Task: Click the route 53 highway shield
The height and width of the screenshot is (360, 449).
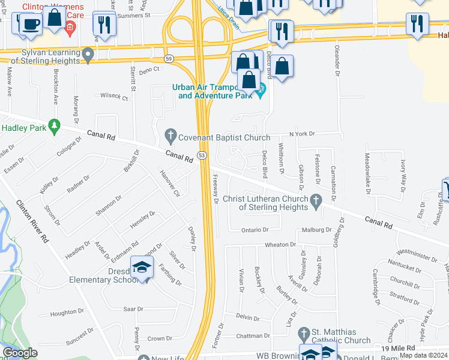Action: (202, 155)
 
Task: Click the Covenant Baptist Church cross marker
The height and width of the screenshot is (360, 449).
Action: (171, 137)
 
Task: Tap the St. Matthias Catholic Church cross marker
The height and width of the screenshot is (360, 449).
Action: (304, 333)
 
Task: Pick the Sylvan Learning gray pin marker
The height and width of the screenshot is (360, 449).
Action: (88, 56)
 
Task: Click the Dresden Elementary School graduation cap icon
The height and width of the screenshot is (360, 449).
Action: (142, 268)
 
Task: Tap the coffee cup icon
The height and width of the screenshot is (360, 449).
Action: (31, 24)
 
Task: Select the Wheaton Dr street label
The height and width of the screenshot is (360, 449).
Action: (280, 245)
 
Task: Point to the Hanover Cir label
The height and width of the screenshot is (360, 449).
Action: (169, 181)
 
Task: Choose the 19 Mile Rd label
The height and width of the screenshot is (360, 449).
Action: (399, 348)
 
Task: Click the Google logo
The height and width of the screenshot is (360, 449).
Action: (20, 353)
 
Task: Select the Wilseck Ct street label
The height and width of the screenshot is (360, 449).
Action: (114, 96)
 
